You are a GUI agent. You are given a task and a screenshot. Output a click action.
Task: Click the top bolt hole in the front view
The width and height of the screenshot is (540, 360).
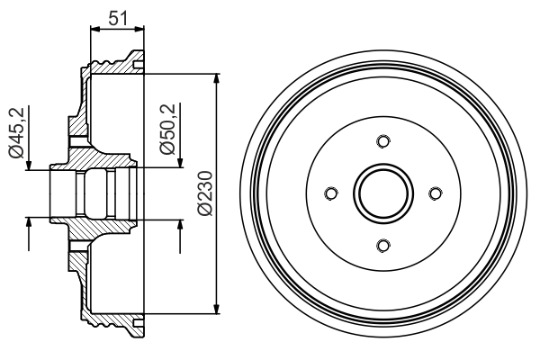[x=383, y=140]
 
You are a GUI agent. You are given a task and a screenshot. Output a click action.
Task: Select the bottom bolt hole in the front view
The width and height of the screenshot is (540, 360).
[x=383, y=245]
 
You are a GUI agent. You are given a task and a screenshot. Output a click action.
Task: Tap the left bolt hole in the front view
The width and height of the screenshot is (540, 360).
[x=331, y=193]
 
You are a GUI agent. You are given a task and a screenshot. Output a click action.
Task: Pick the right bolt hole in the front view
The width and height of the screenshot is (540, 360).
[x=436, y=193]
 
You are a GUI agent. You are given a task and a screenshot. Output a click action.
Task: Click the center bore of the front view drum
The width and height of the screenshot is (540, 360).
[x=383, y=193]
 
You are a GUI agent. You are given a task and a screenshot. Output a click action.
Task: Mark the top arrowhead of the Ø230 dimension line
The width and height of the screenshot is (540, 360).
[x=217, y=77]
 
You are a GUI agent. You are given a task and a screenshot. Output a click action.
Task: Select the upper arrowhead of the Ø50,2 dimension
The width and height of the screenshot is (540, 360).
[x=181, y=163]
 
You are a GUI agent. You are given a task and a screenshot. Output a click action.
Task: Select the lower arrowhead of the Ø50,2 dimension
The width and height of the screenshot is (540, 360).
[x=181, y=222]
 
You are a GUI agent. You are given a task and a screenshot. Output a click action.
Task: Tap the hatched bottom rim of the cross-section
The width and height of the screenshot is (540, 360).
[x=112, y=322]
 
